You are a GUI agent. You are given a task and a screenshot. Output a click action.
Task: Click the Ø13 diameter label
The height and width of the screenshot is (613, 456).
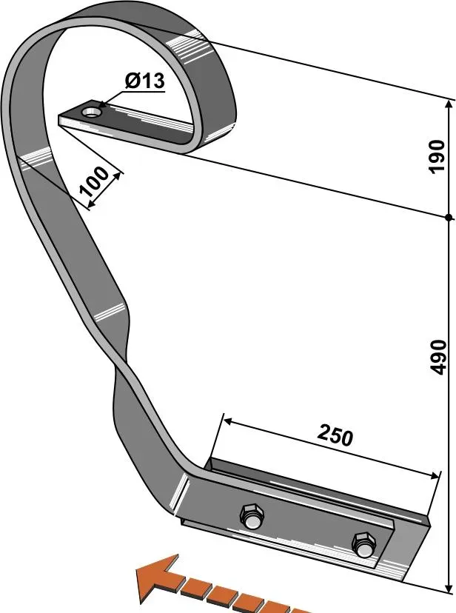coord(145,81)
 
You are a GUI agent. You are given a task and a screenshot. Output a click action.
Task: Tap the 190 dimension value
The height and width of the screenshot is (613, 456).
coord(437,156)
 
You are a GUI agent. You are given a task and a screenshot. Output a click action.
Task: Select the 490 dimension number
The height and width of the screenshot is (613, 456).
coord(437,358)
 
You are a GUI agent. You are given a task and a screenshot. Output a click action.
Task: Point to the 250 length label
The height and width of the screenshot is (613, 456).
coord(335,435)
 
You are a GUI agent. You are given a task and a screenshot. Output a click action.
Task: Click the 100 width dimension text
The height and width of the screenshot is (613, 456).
coord(94,181)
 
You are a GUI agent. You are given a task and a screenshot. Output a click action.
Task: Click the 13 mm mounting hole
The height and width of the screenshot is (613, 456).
coord(92,113)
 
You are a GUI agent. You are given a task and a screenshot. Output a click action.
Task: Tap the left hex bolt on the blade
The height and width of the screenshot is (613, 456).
coord(252,517)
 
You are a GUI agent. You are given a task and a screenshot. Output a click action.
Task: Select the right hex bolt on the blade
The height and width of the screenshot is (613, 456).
coord(363,545)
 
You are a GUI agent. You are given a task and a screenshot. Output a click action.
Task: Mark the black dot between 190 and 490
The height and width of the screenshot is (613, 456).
coord(449,218)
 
